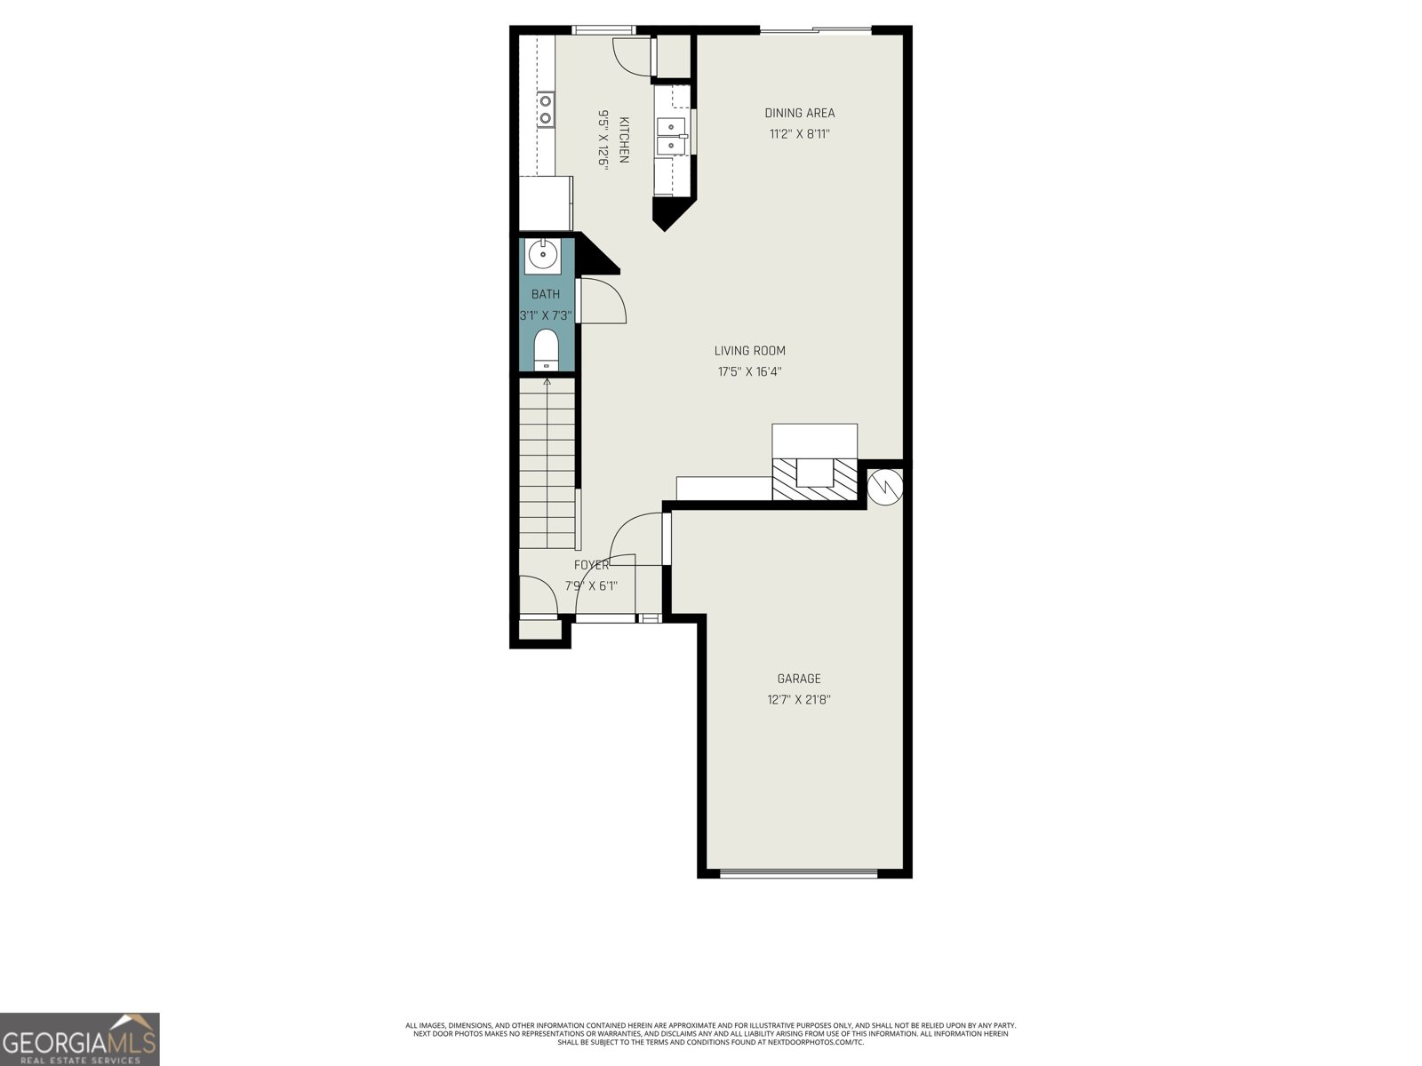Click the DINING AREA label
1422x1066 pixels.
pos(799,114)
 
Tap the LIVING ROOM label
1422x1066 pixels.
pos(749,351)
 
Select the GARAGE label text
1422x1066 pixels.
pos(799,679)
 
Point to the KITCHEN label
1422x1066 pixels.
pos(624,139)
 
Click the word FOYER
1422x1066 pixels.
pos(592,565)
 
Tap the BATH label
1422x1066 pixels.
pos(546,295)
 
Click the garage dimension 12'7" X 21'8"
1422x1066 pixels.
pos(799,700)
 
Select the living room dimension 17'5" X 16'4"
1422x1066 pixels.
pos(749,372)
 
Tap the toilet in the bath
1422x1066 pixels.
pos(546,350)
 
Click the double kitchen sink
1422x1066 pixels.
pos(671,137)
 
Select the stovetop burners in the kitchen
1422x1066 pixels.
pos(546,109)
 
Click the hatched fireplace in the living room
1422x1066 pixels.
pos(814,479)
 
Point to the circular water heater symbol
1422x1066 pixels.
pos(885,487)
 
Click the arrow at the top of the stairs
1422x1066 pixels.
pos(547,382)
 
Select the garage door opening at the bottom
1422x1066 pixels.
pos(799,874)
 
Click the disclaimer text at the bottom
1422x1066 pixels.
pos(711,1034)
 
